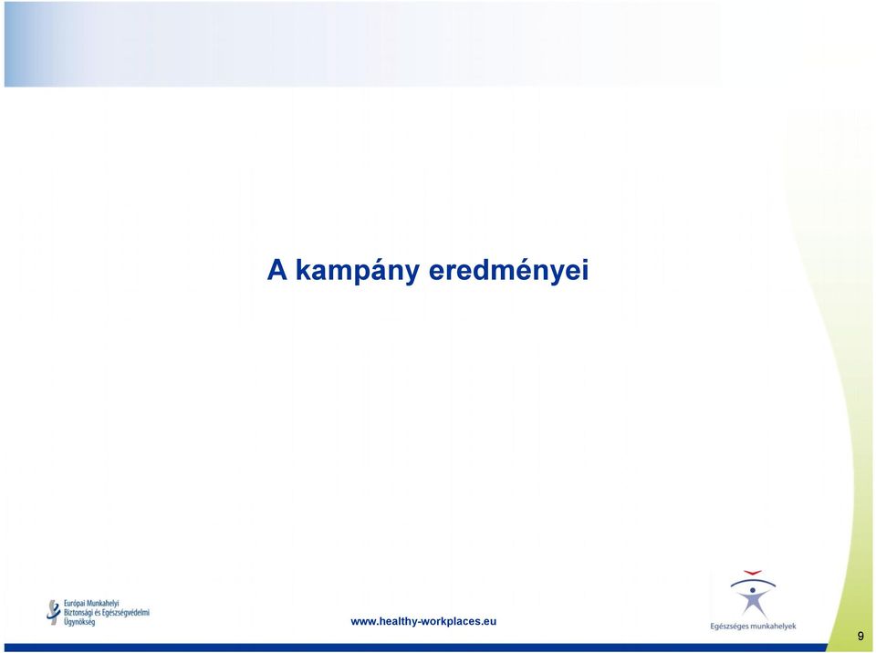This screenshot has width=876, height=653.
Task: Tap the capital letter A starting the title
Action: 277,270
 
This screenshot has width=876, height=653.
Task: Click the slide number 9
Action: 860,636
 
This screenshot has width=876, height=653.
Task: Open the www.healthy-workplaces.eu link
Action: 423,621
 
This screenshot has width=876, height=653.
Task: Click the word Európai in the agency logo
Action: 74,604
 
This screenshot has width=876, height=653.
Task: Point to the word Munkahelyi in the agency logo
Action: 103,604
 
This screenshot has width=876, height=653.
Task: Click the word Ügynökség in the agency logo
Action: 79,622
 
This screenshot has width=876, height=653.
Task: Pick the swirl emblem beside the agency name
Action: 53,612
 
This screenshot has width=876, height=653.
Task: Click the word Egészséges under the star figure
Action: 728,627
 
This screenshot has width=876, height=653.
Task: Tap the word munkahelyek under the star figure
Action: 772,627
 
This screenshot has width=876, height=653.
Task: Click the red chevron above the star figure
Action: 753,573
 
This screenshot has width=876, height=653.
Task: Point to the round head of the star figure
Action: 753,590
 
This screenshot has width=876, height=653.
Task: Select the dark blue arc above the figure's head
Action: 753,581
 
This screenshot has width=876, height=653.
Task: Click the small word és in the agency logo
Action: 98,613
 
